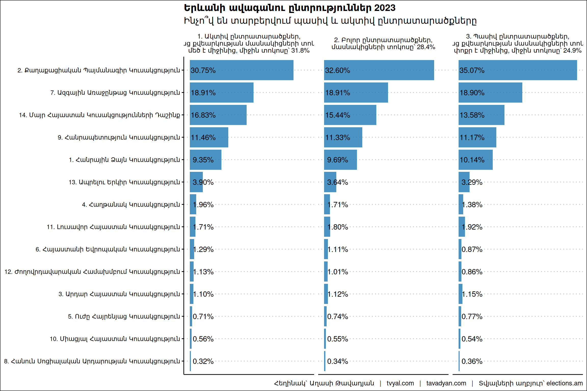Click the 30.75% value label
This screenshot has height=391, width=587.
(x=203, y=70)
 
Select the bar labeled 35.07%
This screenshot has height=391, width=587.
(x=517, y=70)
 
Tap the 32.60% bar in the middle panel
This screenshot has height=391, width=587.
(x=379, y=70)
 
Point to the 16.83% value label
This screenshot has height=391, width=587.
(x=203, y=115)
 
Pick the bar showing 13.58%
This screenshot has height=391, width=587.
(x=481, y=115)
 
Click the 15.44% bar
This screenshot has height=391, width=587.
(x=350, y=115)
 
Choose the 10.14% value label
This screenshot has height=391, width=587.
(x=472, y=160)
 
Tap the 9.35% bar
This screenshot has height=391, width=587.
(x=205, y=160)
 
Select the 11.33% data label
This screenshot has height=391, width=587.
(x=338, y=137)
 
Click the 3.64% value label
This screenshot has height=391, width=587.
(x=338, y=182)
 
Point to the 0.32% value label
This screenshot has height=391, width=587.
(x=203, y=361)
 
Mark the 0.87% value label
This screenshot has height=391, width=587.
(x=472, y=249)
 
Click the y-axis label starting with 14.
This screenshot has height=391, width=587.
(x=99, y=115)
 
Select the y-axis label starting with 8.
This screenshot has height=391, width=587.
(x=92, y=361)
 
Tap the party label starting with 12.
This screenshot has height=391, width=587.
(x=92, y=272)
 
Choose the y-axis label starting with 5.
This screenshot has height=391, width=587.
(x=124, y=316)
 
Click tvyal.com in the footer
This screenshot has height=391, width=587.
(x=400, y=383)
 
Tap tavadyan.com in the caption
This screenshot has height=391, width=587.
(x=446, y=383)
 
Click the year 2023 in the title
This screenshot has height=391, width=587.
(x=385, y=8)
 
